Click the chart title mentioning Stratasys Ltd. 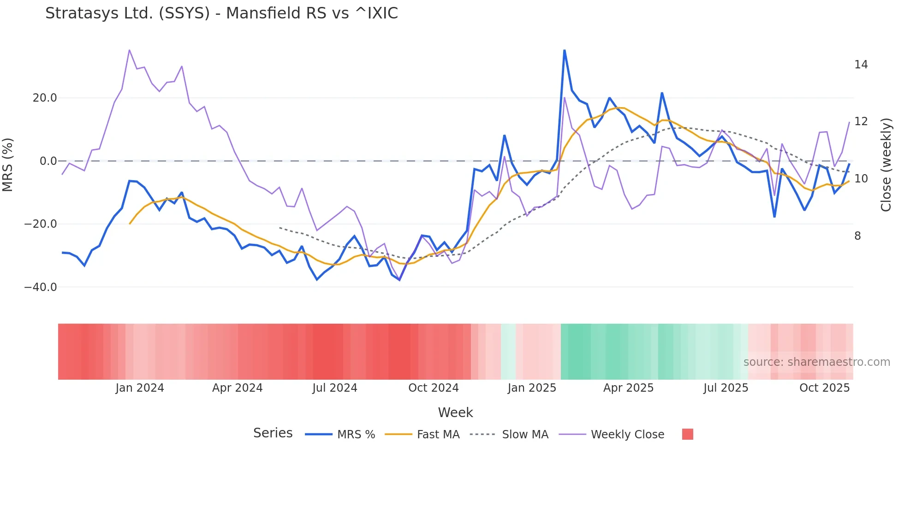pos(221,13)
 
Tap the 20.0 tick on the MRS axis pos(45,98)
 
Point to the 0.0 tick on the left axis pos(48,161)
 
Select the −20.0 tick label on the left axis pos(41,224)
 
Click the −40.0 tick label pos(41,287)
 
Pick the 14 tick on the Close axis pos(861,65)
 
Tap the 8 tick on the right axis pos(857,236)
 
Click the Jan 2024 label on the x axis pos(140,388)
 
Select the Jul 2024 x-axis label pos(335,388)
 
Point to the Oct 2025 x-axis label pos(824,388)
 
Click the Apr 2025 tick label pos(628,388)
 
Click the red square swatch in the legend pos(687,434)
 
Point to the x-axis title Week pos(455,412)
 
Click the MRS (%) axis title pos(8,165)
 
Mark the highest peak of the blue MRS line pos(565,50)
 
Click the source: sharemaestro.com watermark pos(816,362)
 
